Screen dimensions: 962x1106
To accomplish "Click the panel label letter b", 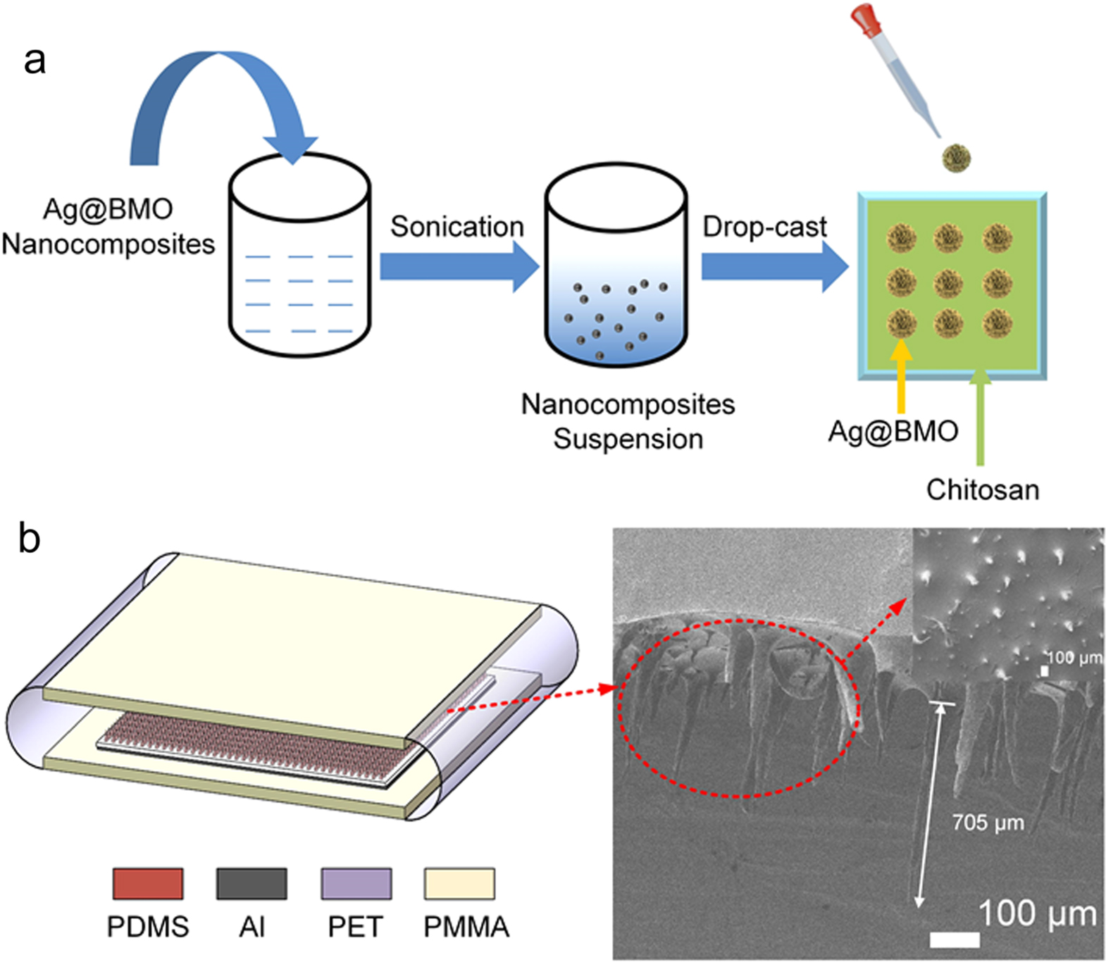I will point(29,539).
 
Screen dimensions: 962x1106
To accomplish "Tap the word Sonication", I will point(457,227).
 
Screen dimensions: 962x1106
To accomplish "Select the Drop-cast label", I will point(764,227).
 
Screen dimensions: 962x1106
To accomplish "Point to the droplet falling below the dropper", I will point(957,157).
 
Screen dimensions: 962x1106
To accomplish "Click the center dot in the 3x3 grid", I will point(949,282).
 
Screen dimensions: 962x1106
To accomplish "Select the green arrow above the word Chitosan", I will point(980,416).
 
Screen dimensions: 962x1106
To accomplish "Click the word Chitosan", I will point(982,489).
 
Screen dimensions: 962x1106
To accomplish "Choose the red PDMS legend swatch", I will point(148,884).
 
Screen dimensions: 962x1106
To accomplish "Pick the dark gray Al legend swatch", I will point(251,884).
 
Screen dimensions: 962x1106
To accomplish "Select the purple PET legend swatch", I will point(356,884).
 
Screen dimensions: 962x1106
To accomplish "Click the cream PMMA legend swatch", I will point(459,884).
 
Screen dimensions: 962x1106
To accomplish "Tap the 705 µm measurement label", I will point(988,823).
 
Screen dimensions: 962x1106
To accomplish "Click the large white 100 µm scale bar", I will point(955,939).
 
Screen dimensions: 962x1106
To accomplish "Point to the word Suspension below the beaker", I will point(628,439).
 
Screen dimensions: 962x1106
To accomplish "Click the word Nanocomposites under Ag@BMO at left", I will point(108,244).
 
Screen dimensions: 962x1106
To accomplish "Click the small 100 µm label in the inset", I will point(1074,658).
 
